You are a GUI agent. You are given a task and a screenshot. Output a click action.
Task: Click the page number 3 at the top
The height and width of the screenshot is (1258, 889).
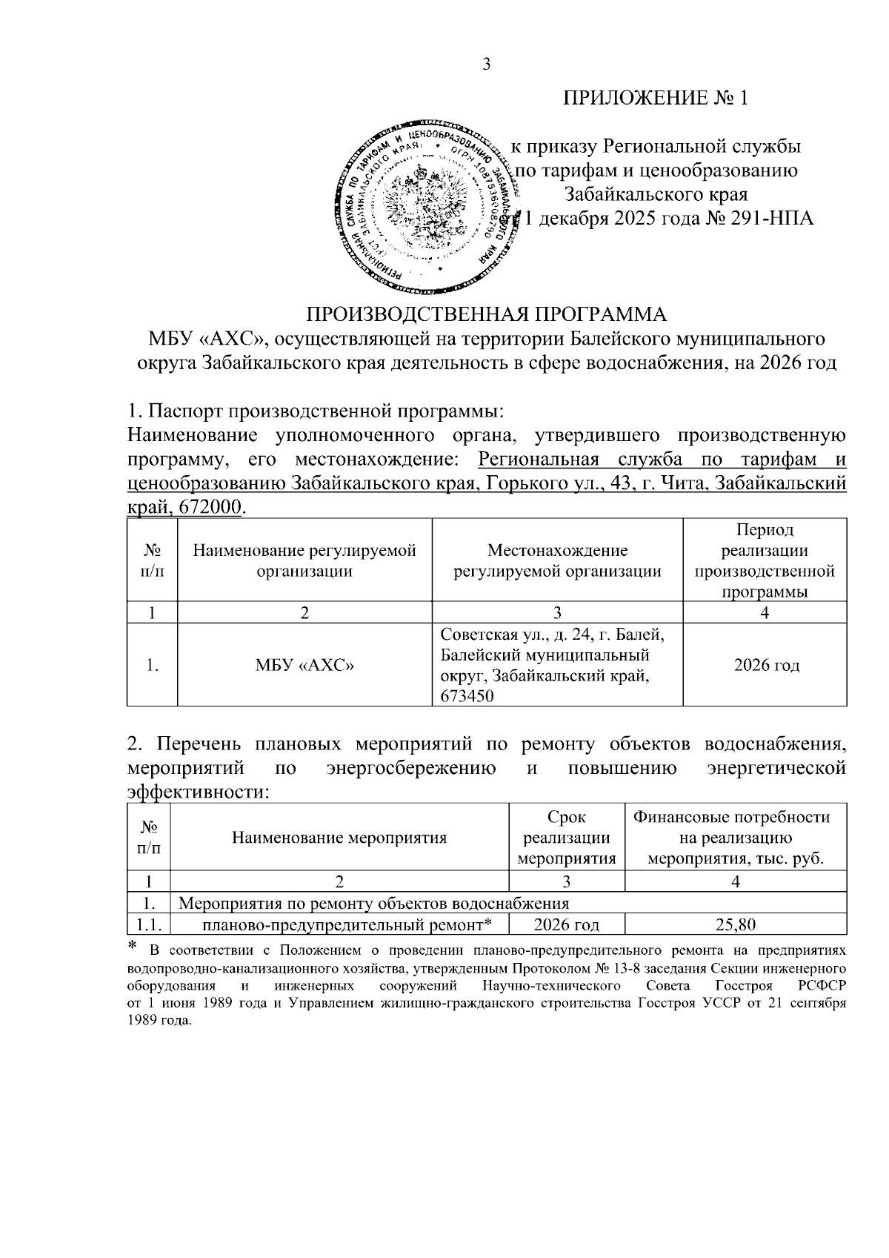[486, 65]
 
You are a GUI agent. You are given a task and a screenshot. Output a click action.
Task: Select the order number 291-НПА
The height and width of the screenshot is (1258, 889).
[770, 219]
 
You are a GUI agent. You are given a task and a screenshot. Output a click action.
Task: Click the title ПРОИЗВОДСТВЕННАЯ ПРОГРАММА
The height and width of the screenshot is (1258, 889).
[487, 314]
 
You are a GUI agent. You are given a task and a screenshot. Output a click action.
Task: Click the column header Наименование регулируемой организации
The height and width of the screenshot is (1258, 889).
[304, 560]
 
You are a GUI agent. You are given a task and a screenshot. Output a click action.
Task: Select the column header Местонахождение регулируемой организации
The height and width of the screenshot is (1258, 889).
[557, 560]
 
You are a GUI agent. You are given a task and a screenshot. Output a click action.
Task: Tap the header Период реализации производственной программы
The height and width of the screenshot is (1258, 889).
[765, 560]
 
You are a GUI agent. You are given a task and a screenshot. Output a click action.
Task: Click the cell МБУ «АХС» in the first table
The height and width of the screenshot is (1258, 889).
[304, 666]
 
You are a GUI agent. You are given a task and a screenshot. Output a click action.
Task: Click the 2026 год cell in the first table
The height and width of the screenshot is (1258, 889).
[766, 666]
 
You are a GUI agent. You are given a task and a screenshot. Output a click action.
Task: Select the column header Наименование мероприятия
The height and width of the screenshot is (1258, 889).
[339, 838]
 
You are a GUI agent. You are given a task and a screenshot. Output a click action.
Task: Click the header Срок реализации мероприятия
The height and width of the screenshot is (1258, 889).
[566, 838]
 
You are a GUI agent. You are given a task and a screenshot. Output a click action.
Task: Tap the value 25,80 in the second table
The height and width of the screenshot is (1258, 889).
[735, 925]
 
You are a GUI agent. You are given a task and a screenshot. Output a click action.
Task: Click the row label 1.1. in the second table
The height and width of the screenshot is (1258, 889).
[149, 925]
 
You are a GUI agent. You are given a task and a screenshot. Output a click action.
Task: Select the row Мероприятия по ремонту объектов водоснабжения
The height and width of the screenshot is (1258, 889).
[375, 904]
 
